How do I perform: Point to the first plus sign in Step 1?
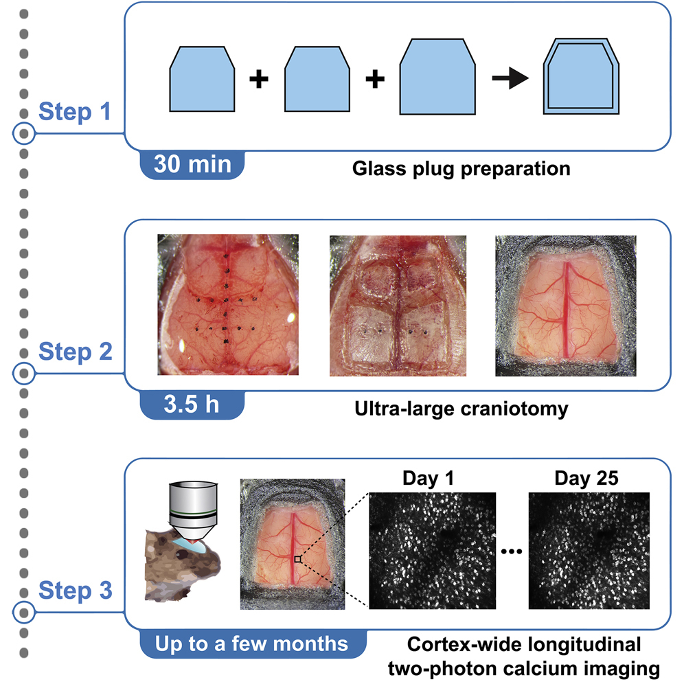[258, 80]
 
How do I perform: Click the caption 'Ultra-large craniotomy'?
[461, 409]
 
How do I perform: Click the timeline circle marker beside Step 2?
[24, 373]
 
